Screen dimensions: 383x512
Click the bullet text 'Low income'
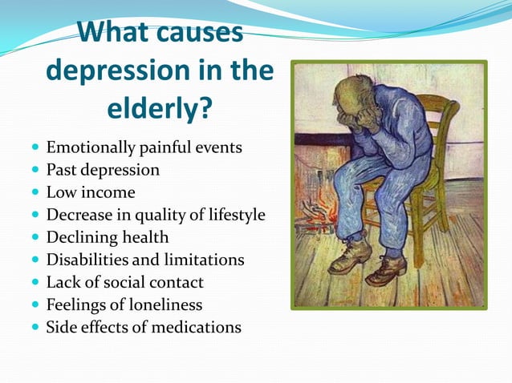click(91, 192)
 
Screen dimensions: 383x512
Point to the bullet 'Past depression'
click(103, 170)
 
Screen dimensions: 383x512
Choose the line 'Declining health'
click(108, 237)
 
